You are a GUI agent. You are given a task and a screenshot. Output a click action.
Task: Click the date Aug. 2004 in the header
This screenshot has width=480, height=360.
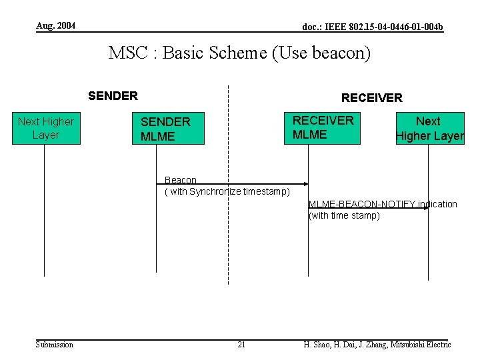[55, 26]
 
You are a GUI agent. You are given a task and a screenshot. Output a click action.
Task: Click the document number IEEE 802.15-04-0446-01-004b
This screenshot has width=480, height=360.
[373, 27]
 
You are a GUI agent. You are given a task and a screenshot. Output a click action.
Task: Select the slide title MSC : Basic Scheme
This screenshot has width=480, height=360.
[187, 53]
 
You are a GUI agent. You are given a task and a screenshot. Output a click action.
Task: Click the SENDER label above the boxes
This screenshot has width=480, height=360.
[113, 95]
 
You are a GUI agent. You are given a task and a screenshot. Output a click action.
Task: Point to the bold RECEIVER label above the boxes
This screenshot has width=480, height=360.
[371, 98]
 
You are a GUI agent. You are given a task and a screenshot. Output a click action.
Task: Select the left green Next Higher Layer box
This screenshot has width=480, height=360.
[46, 128]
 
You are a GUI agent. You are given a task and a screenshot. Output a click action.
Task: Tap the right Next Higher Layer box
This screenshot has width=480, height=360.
[429, 129]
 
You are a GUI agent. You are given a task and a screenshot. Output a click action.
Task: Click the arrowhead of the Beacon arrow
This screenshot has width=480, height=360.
[305, 183]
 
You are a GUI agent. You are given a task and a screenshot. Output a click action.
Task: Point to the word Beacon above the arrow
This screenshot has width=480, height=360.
[181, 179]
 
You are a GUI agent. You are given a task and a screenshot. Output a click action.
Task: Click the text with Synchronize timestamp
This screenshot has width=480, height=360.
[227, 192]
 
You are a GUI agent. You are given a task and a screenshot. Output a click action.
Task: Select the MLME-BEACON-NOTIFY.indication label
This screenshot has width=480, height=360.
[383, 204]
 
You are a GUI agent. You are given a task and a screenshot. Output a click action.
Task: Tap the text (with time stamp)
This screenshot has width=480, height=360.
[344, 215]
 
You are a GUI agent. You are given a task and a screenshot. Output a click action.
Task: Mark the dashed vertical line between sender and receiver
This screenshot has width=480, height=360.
[228, 233]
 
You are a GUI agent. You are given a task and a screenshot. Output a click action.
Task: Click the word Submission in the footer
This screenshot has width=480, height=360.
[55, 344]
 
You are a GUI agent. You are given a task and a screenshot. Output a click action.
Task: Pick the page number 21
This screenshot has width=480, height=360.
[241, 344]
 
